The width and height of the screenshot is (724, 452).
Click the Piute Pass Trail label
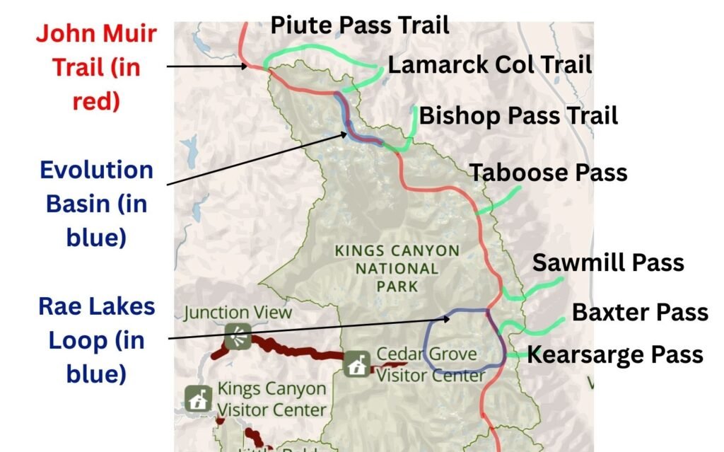pos(360,26)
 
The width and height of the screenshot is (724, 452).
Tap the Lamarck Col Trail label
pos(490,65)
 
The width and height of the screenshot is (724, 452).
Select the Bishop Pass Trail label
pos(518,115)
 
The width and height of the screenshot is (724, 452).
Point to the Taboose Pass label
pos(549,172)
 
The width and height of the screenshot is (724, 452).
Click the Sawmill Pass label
pos(608,262)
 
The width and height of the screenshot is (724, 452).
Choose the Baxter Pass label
pos(640,311)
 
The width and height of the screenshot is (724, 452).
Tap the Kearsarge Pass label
pos(615,354)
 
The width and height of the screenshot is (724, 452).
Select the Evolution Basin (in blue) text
pos(96,203)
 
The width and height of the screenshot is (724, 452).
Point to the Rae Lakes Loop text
pos(96,340)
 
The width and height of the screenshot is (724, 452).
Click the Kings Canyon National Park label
pos(397,269)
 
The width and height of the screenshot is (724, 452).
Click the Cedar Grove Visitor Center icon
pos(356,365)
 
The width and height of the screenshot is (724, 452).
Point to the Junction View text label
pos(238,312)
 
